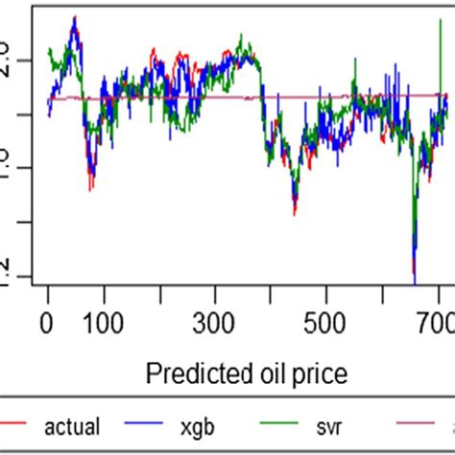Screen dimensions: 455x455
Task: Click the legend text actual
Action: coord(69,424)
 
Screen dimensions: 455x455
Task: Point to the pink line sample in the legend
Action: coord(403,423)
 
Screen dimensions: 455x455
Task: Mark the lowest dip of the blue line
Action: coord(415,280)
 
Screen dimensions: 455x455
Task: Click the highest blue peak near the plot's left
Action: coord(73,19)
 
